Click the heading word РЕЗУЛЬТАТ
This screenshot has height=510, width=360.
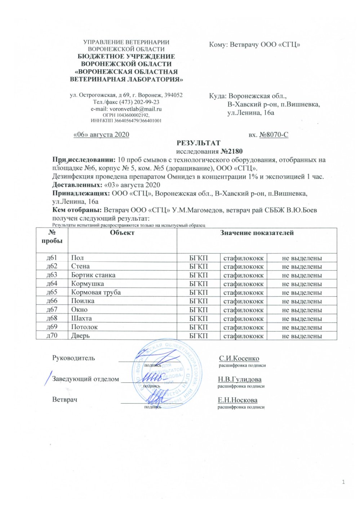199,143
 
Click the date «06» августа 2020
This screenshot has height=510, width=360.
101,135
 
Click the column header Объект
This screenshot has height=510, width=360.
122,233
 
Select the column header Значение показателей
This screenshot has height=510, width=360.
257,233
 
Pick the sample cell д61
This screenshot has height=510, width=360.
52,258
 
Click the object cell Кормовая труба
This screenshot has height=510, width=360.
96,292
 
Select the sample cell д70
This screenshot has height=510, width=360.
52,336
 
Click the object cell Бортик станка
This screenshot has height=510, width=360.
93,275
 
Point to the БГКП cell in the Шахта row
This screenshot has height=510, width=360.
199,318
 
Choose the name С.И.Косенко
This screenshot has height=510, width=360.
239,358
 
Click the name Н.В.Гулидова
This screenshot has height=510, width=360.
240,379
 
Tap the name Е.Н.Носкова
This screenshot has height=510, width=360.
237,400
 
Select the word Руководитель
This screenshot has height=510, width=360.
74,358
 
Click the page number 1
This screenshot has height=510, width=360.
343,482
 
